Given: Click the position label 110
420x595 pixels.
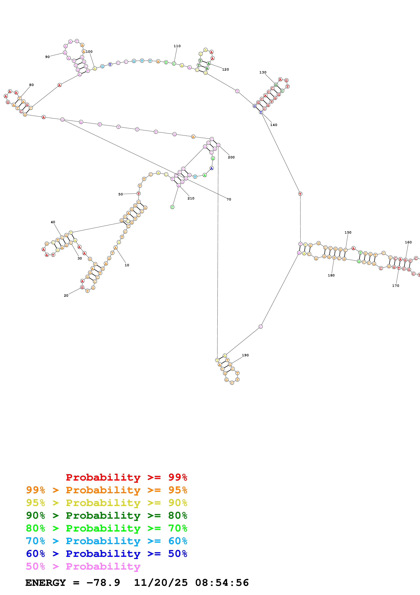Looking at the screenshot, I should click(177, 46).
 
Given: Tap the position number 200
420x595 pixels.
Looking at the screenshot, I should click(231, 157).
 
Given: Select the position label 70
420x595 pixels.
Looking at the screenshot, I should click(229, 199).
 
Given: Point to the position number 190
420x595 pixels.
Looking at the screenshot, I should click(245, 355).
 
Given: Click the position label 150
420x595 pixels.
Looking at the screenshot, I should click(348, 233).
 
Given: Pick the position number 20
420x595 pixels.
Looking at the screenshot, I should click(66, 295).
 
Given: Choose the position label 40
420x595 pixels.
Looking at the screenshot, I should click(53, 222).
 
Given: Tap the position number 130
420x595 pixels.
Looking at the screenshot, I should click(263, 72).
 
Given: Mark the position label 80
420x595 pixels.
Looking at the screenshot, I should click(31, 85).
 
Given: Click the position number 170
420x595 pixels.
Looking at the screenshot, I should click(395, 286).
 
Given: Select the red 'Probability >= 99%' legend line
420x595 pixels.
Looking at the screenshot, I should click(126, 477).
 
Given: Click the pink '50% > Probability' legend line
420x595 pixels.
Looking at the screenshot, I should click(83, 566).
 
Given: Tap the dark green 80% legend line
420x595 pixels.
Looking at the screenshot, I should click(106, 515).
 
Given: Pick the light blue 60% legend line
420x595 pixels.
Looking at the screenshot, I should click(106, 541).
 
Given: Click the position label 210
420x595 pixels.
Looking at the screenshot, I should click(191, 198).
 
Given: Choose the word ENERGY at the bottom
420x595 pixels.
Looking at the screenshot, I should click(46, 583).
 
